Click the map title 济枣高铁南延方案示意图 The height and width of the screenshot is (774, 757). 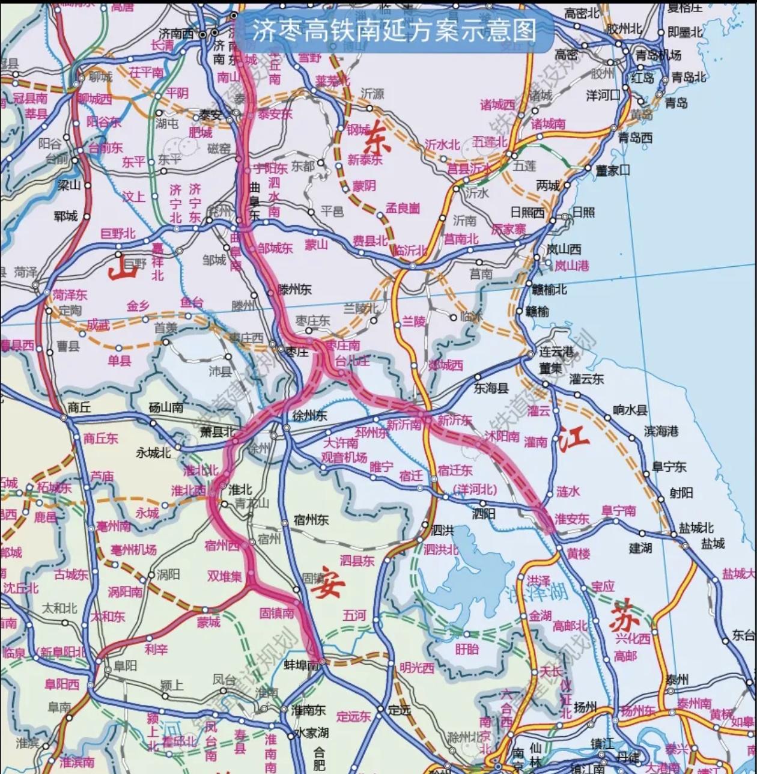pos(394,29)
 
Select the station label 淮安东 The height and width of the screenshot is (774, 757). pos(571,519)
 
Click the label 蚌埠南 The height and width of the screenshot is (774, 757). pos(301,665)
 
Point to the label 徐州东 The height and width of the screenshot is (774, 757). pos(309,416)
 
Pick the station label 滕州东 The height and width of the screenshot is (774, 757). pos(294,290)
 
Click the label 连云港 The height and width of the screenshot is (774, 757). pos(556,351)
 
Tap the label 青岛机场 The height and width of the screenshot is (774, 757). pos(658,55)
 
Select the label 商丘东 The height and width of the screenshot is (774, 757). pos(101,438)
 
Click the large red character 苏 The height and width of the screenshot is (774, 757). pos(621,614)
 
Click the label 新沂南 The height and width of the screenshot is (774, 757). pos(404,425)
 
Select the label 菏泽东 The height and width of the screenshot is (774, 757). pos(70,294)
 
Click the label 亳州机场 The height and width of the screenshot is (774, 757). pos(133,550)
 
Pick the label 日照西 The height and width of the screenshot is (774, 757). pos(527,212)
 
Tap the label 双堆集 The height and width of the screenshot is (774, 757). pos(224,576)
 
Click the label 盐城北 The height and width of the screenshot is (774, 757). pos(696,528)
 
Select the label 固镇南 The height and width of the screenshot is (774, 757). pos(276,614)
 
